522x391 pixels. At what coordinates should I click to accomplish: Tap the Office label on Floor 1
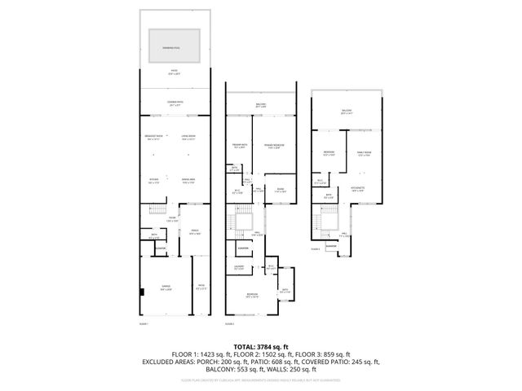(195, 232)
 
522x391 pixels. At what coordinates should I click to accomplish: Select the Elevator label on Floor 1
(161, 248)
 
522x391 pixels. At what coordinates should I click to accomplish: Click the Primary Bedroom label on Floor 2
(272, 147)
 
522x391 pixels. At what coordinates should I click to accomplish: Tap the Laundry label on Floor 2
(239, 267)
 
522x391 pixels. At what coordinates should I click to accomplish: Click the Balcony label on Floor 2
(261, 105)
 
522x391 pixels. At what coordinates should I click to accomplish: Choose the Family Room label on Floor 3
(365, 153)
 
